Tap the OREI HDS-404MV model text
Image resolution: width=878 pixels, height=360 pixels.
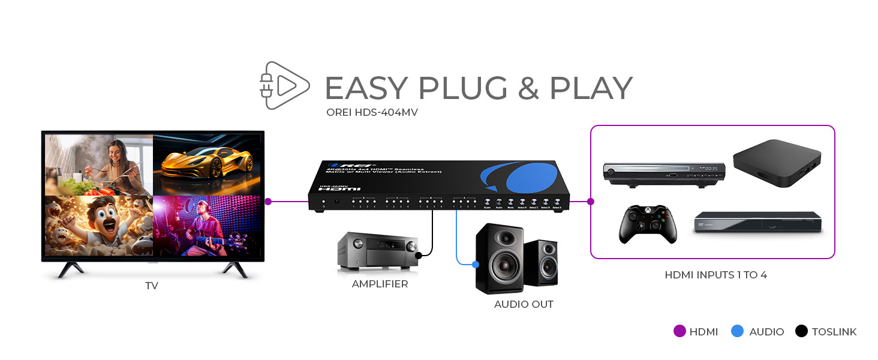(x=372, y=112)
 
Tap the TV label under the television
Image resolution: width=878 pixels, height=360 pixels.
(x=152, y=286)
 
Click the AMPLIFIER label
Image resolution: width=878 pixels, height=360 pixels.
(x=380, y=284)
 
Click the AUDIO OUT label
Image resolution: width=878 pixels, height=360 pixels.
(x=524, y=304)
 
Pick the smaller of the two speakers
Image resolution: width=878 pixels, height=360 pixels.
(x=540, y=262)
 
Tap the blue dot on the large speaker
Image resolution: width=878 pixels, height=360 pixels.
(x=476, y=264)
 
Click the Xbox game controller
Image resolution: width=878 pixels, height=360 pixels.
(x=648, y=224)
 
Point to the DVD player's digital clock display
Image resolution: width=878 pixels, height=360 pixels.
(x=711, y=169)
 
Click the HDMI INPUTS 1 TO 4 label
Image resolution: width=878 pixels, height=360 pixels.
(x=715, y=275)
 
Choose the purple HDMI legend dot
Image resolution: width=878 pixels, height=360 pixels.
(x=679, y=331)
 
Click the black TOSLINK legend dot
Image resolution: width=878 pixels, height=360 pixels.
(x=801, y=331)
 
